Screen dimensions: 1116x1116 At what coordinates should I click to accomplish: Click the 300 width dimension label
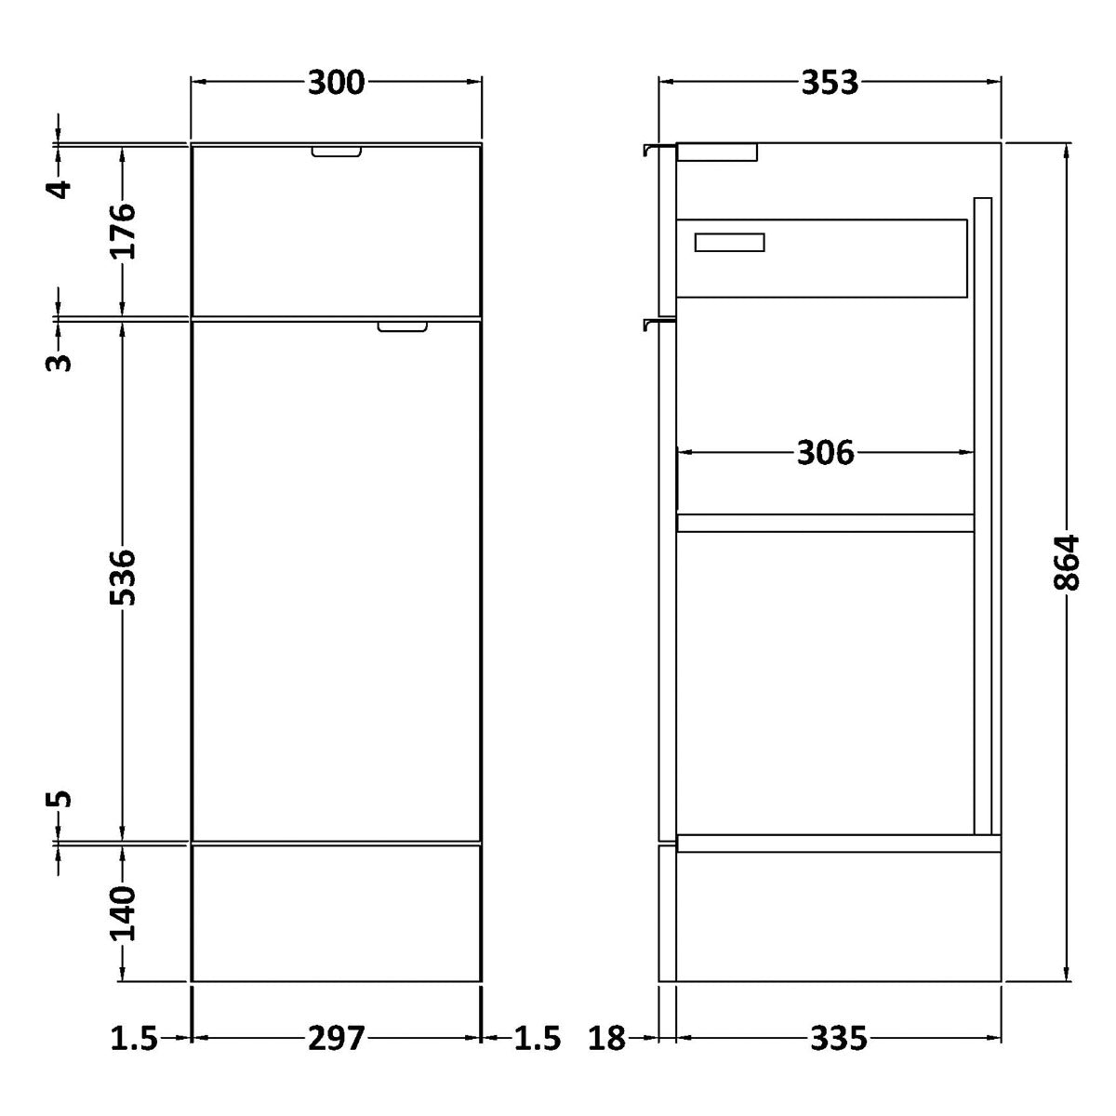click(x=336, y=83)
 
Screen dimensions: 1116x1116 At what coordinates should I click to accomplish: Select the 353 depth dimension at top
click(x=830, y=83)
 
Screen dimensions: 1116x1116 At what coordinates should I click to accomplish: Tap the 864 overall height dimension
click(x=1066, y=563)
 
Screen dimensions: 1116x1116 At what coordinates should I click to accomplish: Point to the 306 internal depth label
click(x=825, y=452)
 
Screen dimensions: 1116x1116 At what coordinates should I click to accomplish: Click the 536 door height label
click(x=122, y=578)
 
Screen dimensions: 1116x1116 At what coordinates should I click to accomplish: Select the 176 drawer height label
click(x=122, y=231)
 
